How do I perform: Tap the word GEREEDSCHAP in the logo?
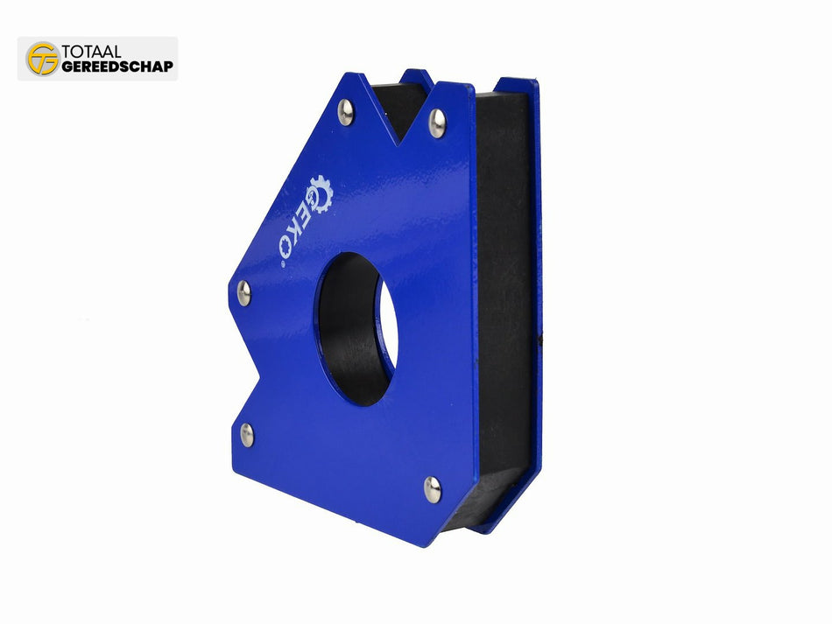point(117,67)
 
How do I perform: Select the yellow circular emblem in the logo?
point(43,59)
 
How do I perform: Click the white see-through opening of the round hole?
point(387,337)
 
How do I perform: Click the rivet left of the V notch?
point(346,112)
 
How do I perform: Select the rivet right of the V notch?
point(437,123)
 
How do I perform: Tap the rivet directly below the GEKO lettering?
point(243,293)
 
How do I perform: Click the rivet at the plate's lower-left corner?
point(248,433)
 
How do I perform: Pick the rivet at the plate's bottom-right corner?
point(433,489)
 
